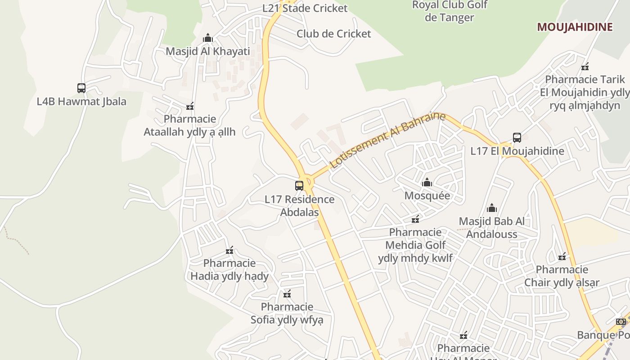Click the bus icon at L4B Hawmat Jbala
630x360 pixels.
[81, 88]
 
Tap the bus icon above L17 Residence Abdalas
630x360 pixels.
[299, 185]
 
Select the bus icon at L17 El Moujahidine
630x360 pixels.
[517, 138]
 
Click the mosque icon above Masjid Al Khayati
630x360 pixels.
[208, 38]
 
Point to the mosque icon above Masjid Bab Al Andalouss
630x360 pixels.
[492, 208]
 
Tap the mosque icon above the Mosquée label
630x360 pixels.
[427, 182]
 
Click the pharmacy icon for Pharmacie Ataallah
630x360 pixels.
[190, 106]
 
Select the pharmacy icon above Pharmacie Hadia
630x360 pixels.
[229, 250]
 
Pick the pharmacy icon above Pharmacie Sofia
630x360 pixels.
[287, 294]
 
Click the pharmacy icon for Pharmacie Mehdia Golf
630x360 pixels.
[415, 219]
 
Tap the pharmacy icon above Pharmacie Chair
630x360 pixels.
[562, 256]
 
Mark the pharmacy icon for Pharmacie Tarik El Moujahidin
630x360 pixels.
[585, 67]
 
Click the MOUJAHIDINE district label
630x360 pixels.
[575, 27]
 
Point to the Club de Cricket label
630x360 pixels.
[333, 34]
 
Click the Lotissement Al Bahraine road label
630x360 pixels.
[388, 140]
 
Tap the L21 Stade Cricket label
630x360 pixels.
[305, 8]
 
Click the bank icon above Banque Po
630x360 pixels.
[621, 321]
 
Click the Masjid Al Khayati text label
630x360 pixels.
[207, 51]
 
